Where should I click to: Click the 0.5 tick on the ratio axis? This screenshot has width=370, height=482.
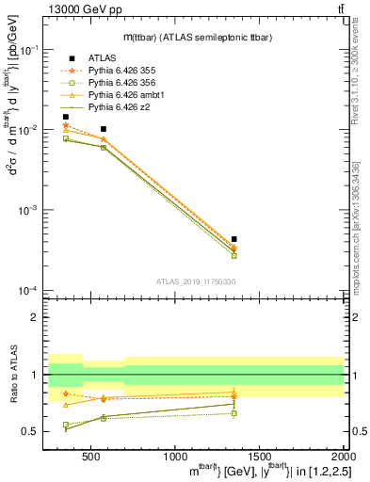pos(33,431)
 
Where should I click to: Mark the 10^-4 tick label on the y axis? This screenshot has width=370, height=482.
pos(29,290)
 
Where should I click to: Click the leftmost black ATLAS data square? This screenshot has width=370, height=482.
pos(65,117)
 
